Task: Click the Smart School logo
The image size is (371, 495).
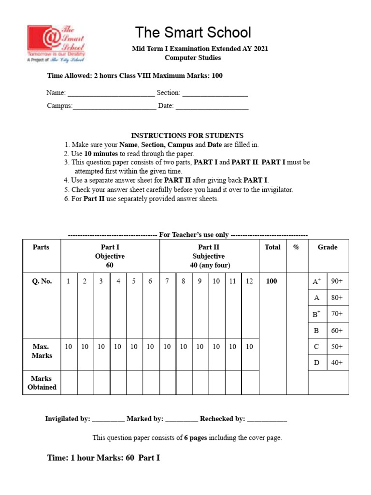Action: pos(56,44)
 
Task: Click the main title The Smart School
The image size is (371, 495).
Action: pos(193,32)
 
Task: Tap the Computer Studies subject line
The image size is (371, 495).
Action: pos(193,58)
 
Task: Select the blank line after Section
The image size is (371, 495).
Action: pos(215,93)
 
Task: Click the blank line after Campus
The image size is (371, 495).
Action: pos(114,106)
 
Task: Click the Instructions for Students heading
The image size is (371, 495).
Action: pos(187,135)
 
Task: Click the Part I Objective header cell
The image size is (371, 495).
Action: pos(110,256)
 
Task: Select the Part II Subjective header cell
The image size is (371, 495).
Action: pos(209,256)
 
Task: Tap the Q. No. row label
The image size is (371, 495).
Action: pos(42,281)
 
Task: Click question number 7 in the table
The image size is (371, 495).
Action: pos(167,281)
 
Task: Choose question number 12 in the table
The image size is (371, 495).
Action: pos(249,281)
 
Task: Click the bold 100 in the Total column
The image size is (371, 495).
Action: pos(272,281)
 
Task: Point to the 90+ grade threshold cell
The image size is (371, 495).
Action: pos(337,281)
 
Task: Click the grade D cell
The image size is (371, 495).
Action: pos(317,363)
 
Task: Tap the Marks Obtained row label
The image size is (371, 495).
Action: pos(42,382)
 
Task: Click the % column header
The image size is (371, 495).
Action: pos(296,247)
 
